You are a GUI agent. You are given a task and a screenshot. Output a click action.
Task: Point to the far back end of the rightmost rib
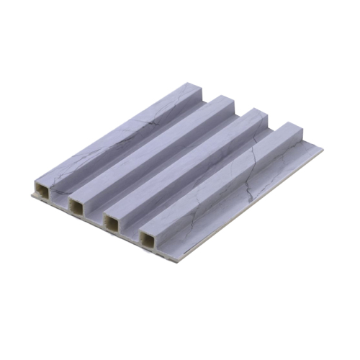(295, 130)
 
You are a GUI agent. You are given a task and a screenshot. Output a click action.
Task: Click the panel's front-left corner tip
(33, 195)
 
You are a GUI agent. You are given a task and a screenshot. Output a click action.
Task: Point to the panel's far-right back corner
(320, 150)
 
